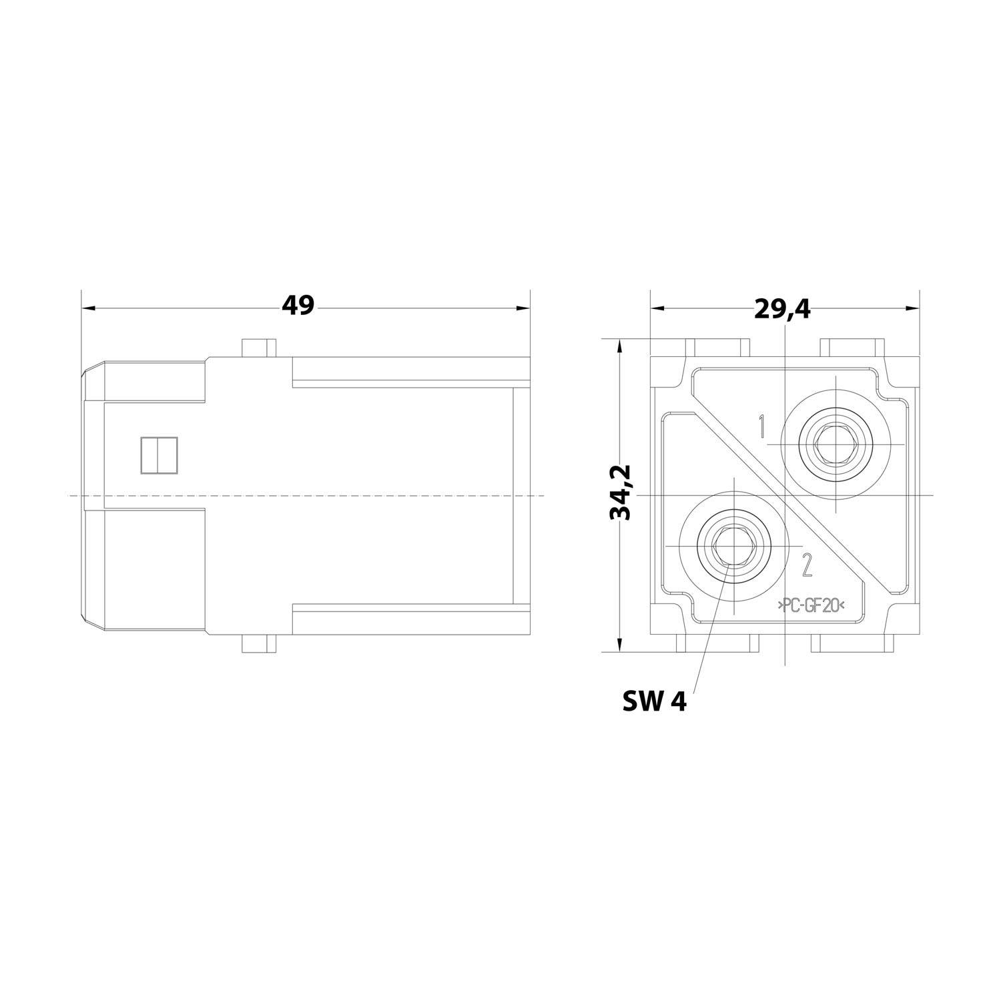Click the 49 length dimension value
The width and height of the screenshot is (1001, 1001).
[297, 306]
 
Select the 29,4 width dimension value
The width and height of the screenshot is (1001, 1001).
[782, 308]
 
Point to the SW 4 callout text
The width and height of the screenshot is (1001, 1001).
[654, 701]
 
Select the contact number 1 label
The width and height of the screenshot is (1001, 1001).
[761, 426]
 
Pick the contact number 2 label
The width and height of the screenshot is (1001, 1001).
[807, 566]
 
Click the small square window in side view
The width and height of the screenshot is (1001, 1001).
[159, 455]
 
